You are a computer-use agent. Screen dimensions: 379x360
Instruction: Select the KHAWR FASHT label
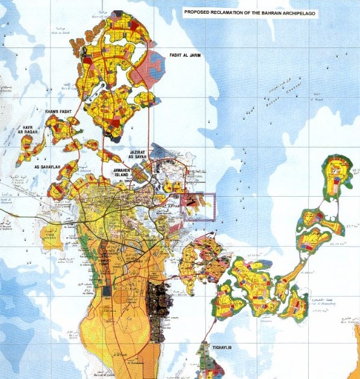(58, 112)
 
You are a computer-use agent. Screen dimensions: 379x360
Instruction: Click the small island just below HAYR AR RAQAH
(26, 158)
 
